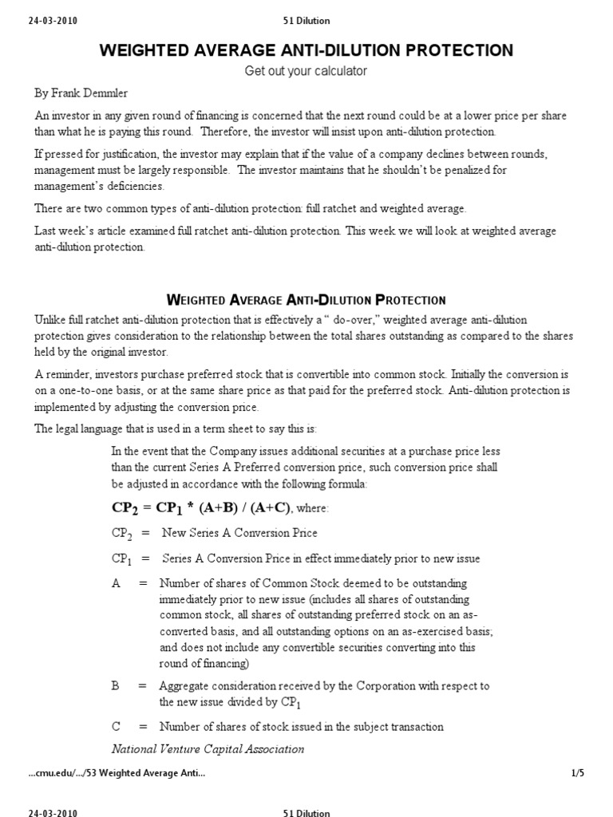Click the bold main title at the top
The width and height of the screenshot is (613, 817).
coord(306,50)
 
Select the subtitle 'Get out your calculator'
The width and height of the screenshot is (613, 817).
coord(306,71)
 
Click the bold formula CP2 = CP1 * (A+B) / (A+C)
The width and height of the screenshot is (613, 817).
coord(202,507)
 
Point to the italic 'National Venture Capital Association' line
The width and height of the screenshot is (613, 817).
coord(208,748)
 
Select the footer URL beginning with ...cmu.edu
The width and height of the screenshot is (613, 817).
coord(117,773)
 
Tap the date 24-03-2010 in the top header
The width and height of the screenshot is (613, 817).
coord(53,20)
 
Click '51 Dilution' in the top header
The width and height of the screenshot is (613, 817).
coord(306,20)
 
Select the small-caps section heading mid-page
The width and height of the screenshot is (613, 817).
coord(306,300)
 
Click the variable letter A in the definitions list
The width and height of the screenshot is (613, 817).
coord(117,583)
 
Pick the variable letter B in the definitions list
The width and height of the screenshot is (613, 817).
coord(117,685)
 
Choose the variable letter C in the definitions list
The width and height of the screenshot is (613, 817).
coord(117,726)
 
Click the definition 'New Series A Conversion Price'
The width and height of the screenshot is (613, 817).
coord(239,532)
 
